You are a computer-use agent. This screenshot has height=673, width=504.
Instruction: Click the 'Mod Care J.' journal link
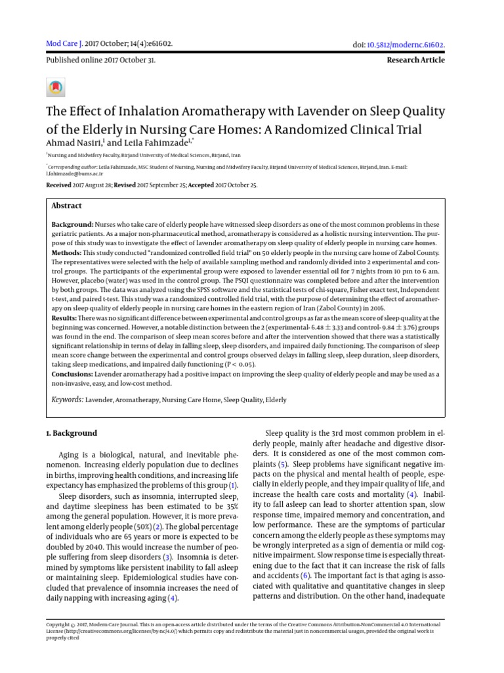coord(64,44)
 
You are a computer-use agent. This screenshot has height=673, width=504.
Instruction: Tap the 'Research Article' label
coord(416,60)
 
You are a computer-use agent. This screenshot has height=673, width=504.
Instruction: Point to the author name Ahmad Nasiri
coord(73,143)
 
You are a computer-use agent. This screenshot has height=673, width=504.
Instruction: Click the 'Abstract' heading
coord(67,206)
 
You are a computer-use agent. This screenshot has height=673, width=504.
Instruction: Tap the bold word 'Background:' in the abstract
coord(72,225)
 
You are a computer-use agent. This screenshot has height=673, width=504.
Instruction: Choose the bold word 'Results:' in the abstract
coord(65,318)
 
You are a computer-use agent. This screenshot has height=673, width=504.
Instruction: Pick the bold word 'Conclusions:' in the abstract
coord(72,374)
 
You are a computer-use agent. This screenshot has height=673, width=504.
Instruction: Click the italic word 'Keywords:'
coord(67,400)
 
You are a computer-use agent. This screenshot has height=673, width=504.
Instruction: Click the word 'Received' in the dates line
coord(58,185)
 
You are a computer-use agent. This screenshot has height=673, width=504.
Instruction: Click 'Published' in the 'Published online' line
coord(62,60)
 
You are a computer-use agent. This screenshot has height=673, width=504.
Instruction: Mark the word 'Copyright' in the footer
coord(58,624)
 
